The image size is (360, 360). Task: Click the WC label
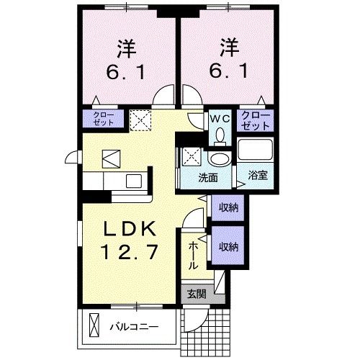click(x=219, y=117)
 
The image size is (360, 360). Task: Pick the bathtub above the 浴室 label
click(x=256, y=152)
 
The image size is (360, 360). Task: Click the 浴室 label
click(x=257, y=175)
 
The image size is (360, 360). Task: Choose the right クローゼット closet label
click(x=256, y=120)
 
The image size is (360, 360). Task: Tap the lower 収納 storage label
click(x=229, y=247)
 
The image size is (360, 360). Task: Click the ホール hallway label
click(x=193, y=256)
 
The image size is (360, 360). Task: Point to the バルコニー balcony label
click(x=134, y=326)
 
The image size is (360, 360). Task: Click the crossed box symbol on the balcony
click(x=92, y=325)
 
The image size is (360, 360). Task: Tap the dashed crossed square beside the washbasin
click(x=192, y=154)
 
